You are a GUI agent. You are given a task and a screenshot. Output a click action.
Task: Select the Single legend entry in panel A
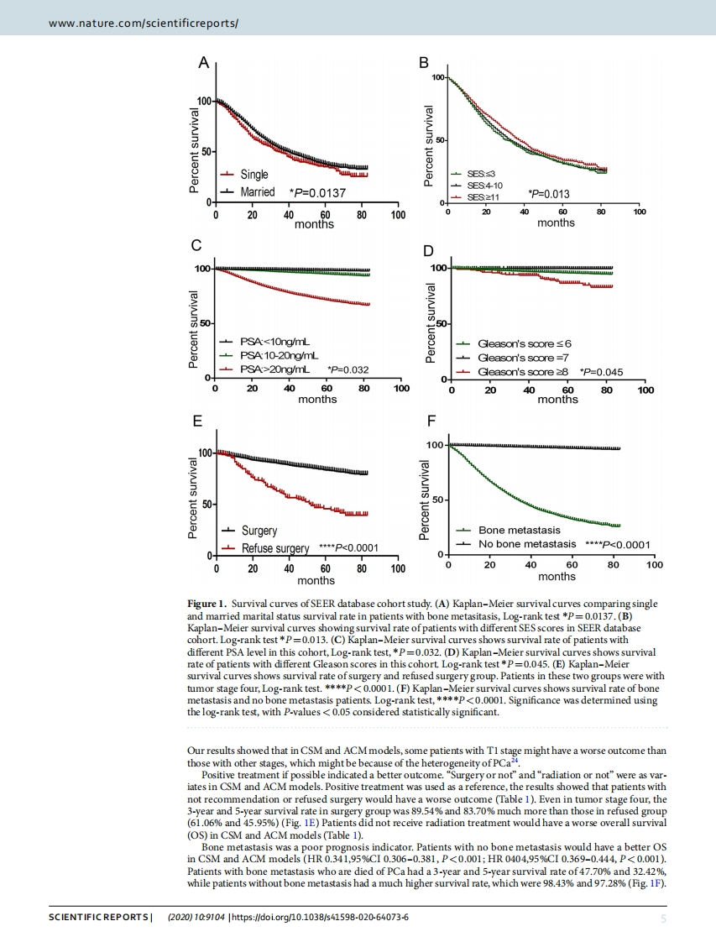tap(254, 175)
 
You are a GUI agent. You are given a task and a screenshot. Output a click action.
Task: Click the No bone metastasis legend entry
tap(527, 544)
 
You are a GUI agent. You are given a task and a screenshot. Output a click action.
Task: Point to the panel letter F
tap(431, 420)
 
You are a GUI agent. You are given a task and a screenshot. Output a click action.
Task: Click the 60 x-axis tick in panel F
tap(572, 565)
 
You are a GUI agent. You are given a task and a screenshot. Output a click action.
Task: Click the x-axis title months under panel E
tap(316, 580)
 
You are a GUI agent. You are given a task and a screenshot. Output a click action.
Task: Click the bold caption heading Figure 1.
tap(207, 604)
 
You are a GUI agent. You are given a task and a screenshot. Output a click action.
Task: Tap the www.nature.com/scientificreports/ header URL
tap(144, 24)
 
